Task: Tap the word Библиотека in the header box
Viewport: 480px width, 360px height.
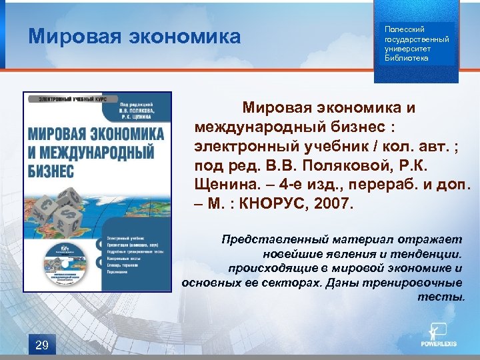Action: (x=407, y=58)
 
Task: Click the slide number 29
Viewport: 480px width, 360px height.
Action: (x=41, y=345)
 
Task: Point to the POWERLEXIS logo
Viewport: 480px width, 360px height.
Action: (x=438, y=337)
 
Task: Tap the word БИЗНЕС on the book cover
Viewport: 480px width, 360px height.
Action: (x=51, y=170)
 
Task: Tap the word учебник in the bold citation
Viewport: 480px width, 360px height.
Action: (x=326, y=145)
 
